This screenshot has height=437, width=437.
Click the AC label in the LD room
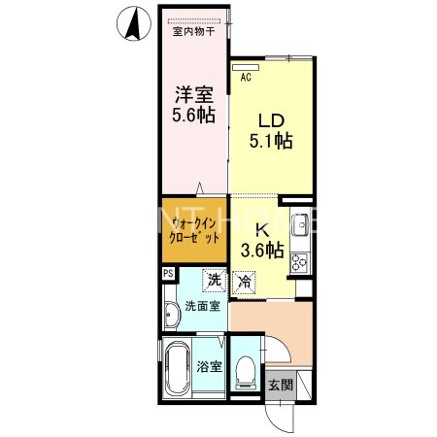point(246,76)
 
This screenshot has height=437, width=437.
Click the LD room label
point(271,120)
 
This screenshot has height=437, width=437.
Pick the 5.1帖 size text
point(271,142)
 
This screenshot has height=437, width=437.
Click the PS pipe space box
point(168,274)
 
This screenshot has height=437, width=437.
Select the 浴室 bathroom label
point(210,367)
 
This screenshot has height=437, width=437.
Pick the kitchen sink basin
point(301,225)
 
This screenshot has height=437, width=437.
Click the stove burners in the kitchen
point(300,260)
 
